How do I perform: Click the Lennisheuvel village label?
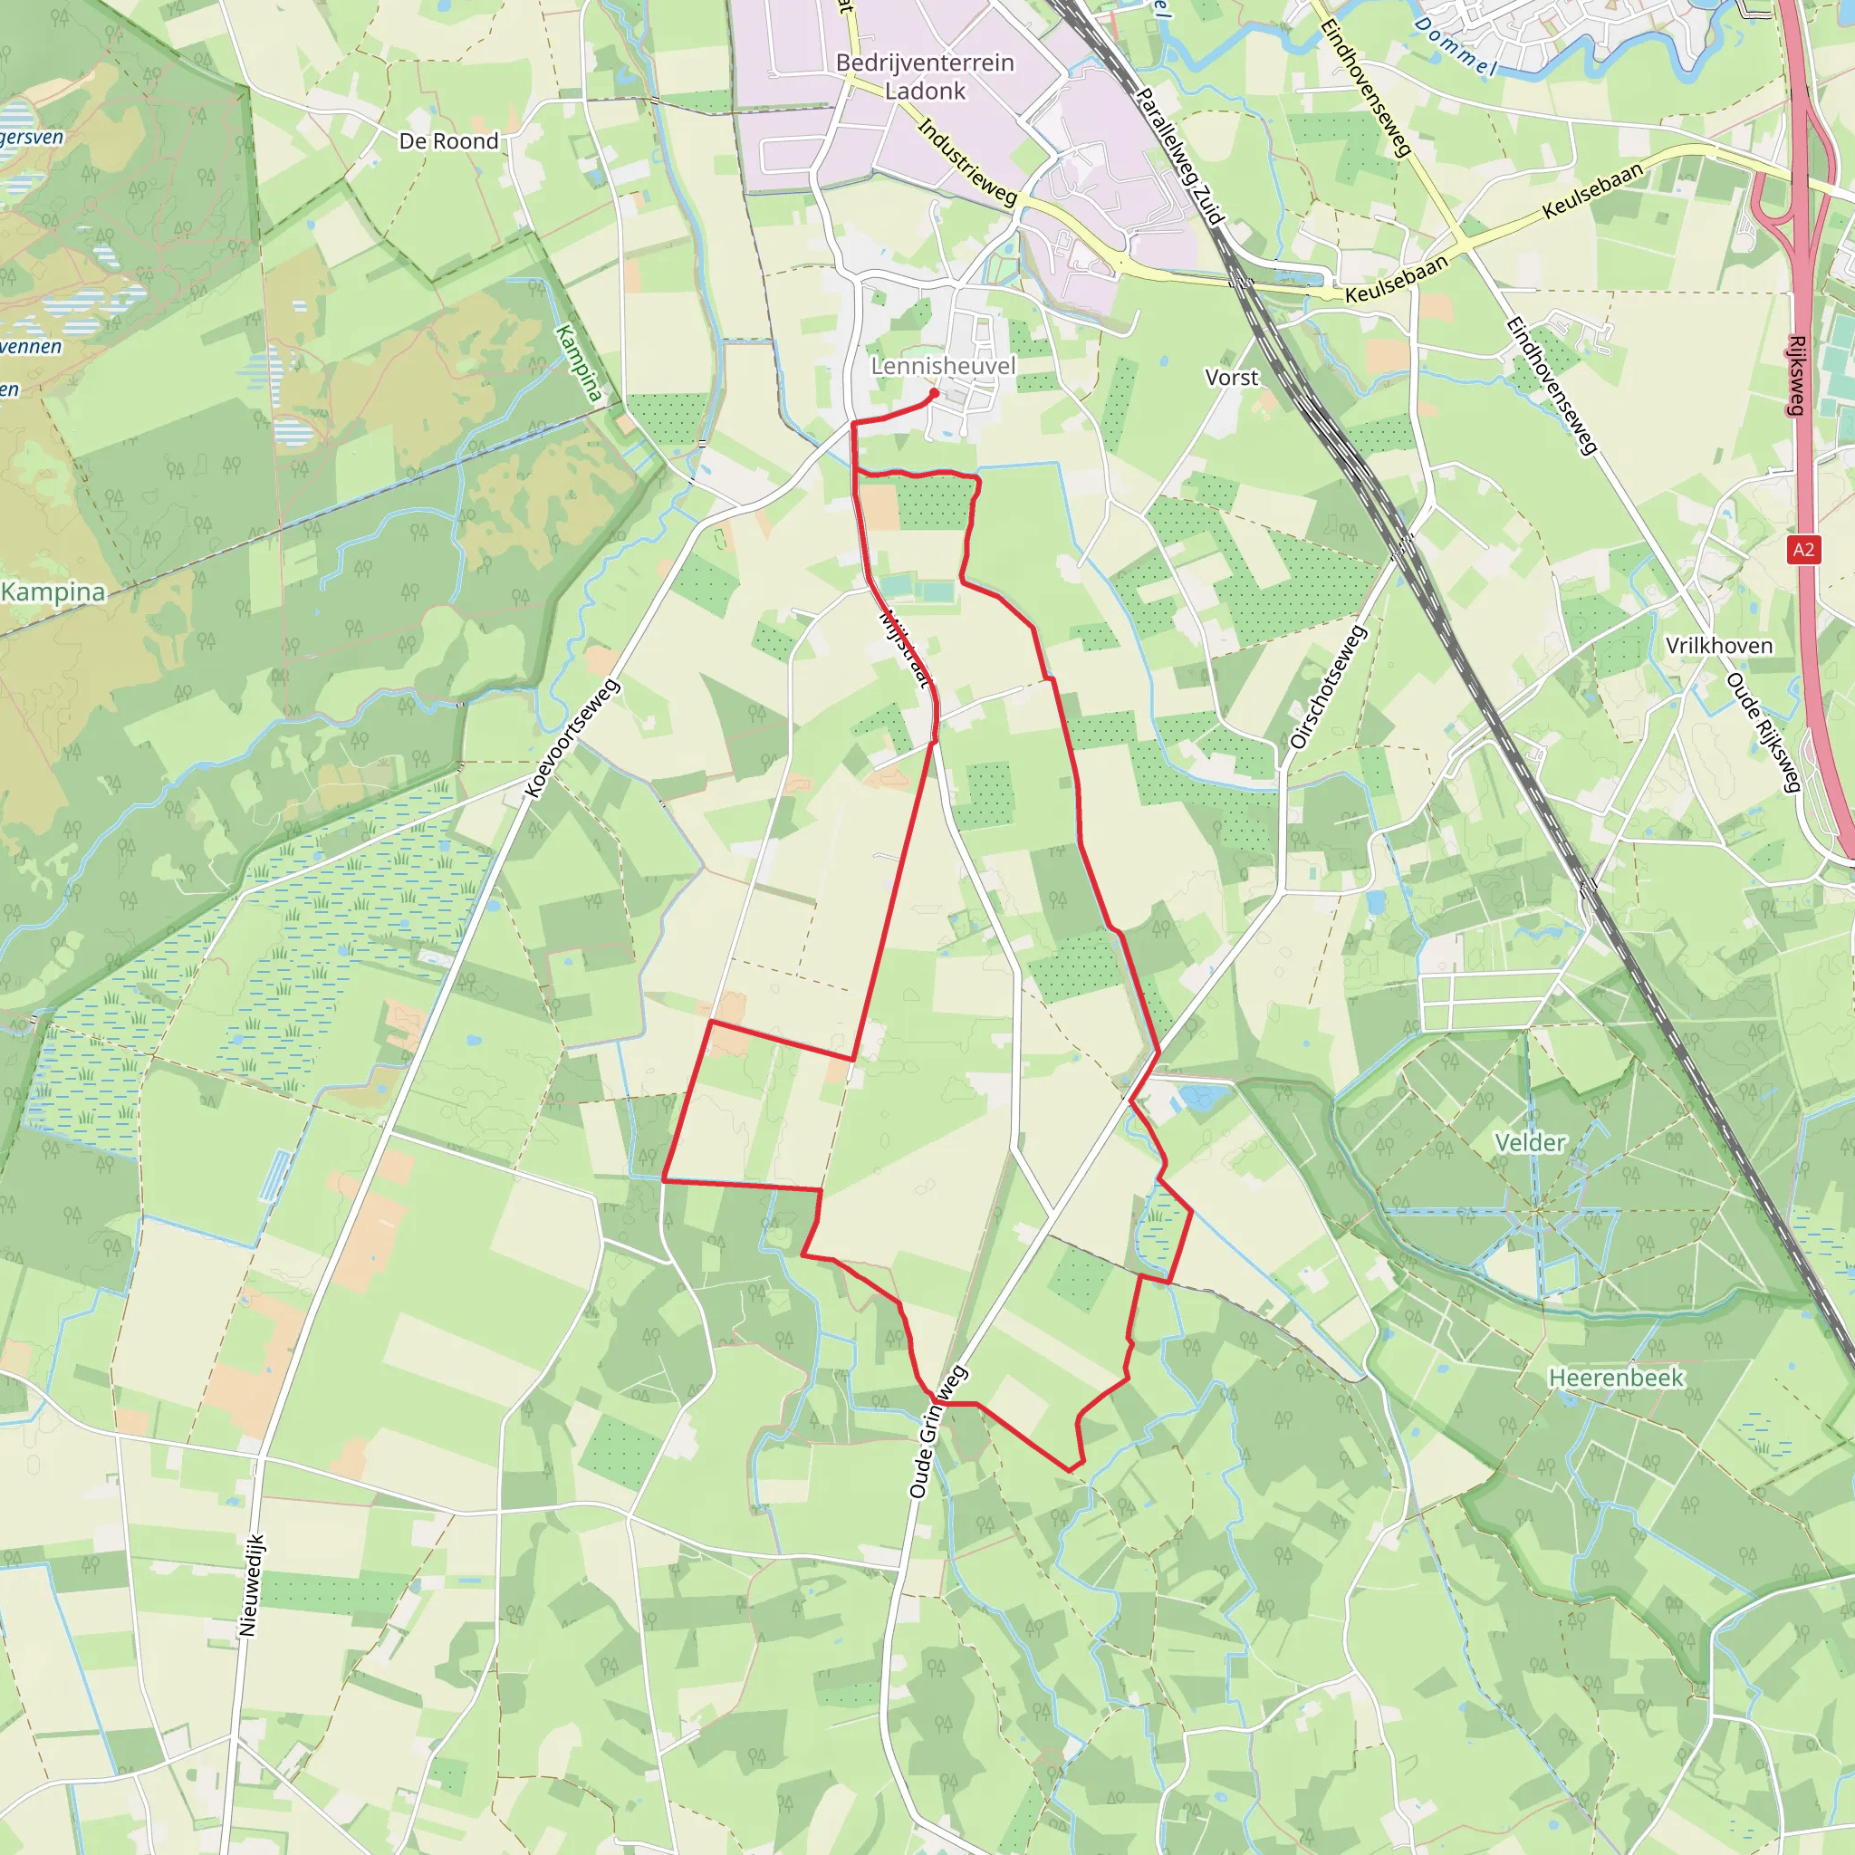pyautogui.click(x=942, y=366)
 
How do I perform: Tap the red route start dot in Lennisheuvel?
pyautogui.click(x=933, y=393)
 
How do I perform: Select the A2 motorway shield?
pyautogui.click(x=1803, y=549)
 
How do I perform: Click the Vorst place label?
pyautogui.click(x=1231, y=378)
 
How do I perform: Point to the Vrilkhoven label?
pyautogui.click(x=1718, y=645)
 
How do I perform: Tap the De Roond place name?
pyautogui.click(x=448, y=141)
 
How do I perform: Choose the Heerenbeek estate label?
pyautogui.click(x=1616, y=1378)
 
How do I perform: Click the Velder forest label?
pyautogui.click(x=1531, y=1142)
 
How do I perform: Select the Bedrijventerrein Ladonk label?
pyautogui.click(x=925, y=76)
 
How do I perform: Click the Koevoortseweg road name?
pyautogui.click(x=573, y=738)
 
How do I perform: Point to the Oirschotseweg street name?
pyautogui.click(x=1328, y=687)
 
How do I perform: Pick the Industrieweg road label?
pyautogui.click(x=966, y=161)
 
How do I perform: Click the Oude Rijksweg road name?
pyautogui.click(x=1762, y=733)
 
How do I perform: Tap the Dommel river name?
pyautogui.click(x=1456, y=46)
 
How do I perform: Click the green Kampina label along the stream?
pyautogui.click(x=579, y=363)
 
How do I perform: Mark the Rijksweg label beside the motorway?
pyautogui.click(x=1797, y=374)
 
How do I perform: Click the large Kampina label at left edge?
pyautogui.click(x=53, y=591)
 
